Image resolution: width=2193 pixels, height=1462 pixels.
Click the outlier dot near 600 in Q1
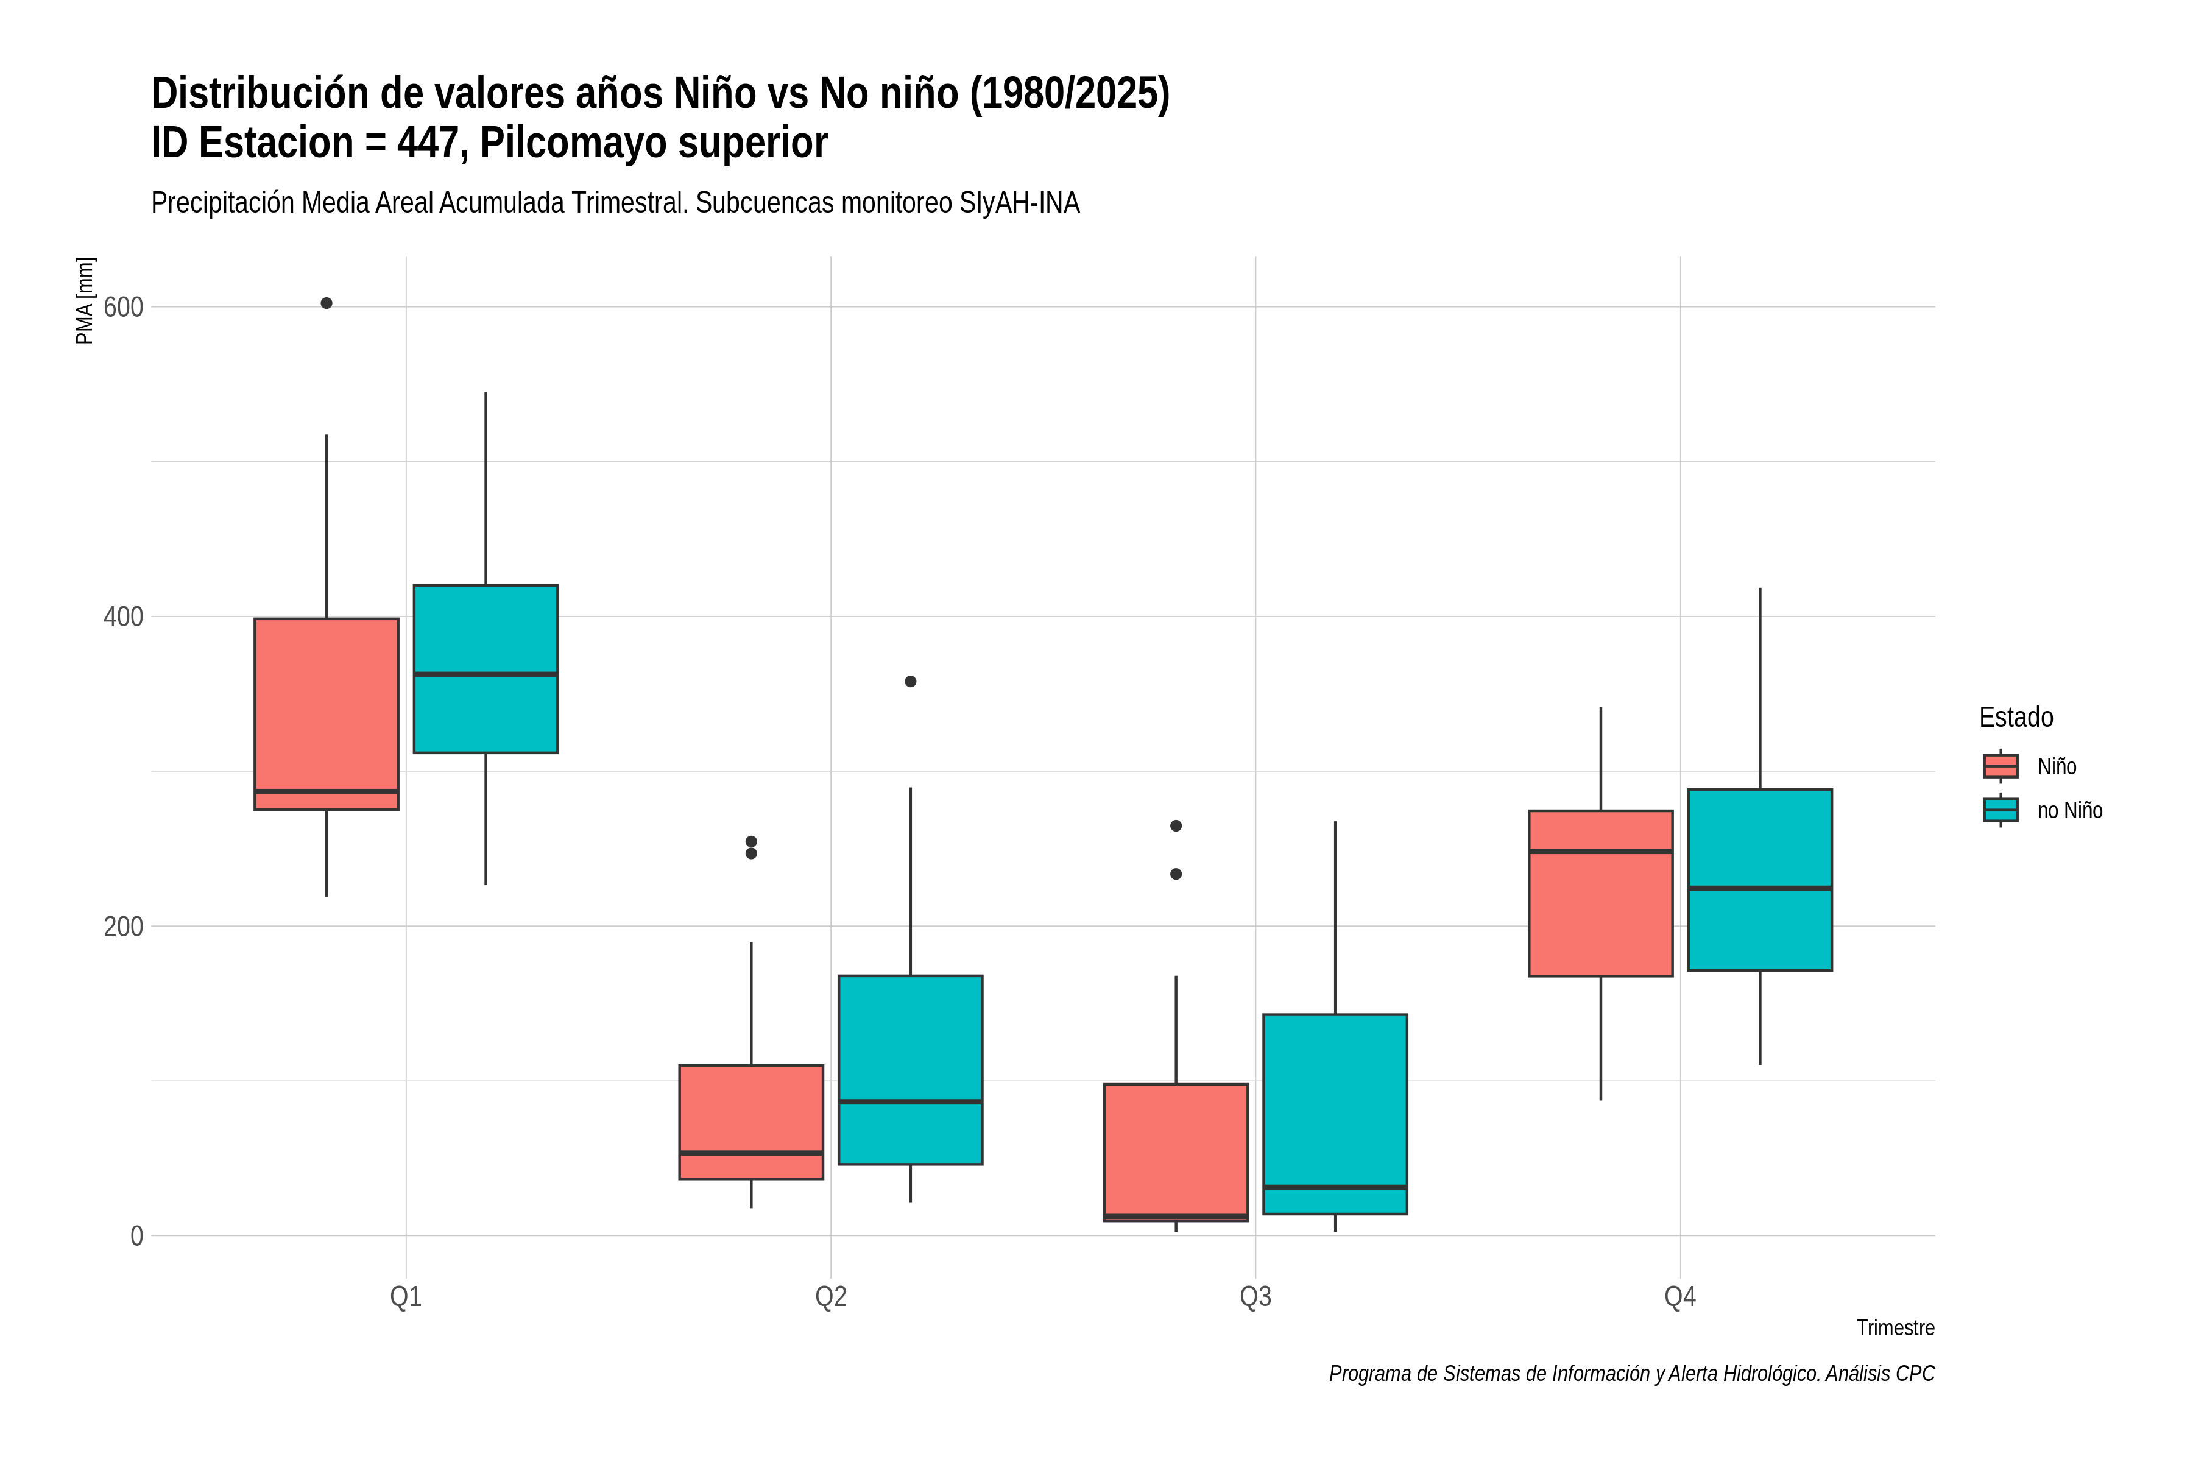(327, 303)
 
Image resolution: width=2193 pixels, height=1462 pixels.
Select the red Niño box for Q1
(327, 713)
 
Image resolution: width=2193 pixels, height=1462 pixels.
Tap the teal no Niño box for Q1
(486, 668)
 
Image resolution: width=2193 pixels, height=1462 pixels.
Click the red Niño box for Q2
(752, 1121)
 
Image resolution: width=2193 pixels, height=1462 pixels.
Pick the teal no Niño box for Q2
(910, 1070)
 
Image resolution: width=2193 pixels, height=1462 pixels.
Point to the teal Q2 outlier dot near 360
(910, 682)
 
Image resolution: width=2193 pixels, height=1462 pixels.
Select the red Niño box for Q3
(1176, 1153)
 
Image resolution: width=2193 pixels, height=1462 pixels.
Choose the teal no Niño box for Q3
(1335, 1114)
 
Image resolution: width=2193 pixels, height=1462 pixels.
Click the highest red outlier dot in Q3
(1176, 826)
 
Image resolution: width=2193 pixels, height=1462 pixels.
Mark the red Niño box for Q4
(1601, 893)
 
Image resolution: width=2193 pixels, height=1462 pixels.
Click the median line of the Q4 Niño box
(1601, 851)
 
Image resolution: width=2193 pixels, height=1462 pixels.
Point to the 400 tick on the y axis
(123, 616)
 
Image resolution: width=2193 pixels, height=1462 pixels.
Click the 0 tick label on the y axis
(136, 1237)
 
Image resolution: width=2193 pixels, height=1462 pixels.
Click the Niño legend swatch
(2001, 766)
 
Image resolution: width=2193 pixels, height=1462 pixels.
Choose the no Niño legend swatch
(2001, 810)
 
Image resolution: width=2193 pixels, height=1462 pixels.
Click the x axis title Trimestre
(1896, 1328)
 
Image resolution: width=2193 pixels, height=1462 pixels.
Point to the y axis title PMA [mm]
(85, 300)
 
